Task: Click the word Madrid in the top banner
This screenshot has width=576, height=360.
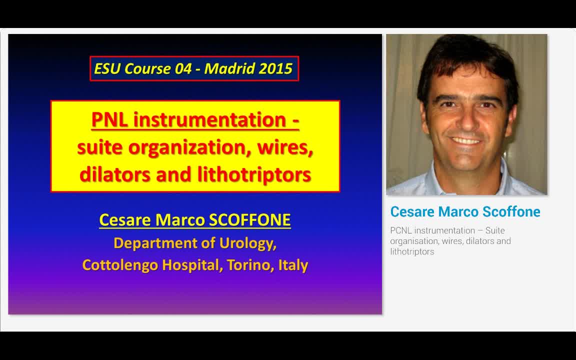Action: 225,69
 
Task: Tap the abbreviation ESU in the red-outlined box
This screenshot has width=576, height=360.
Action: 107,69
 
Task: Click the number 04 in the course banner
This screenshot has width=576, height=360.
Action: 183,69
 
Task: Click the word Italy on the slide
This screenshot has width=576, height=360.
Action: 293,265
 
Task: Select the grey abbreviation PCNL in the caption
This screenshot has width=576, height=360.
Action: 401,230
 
